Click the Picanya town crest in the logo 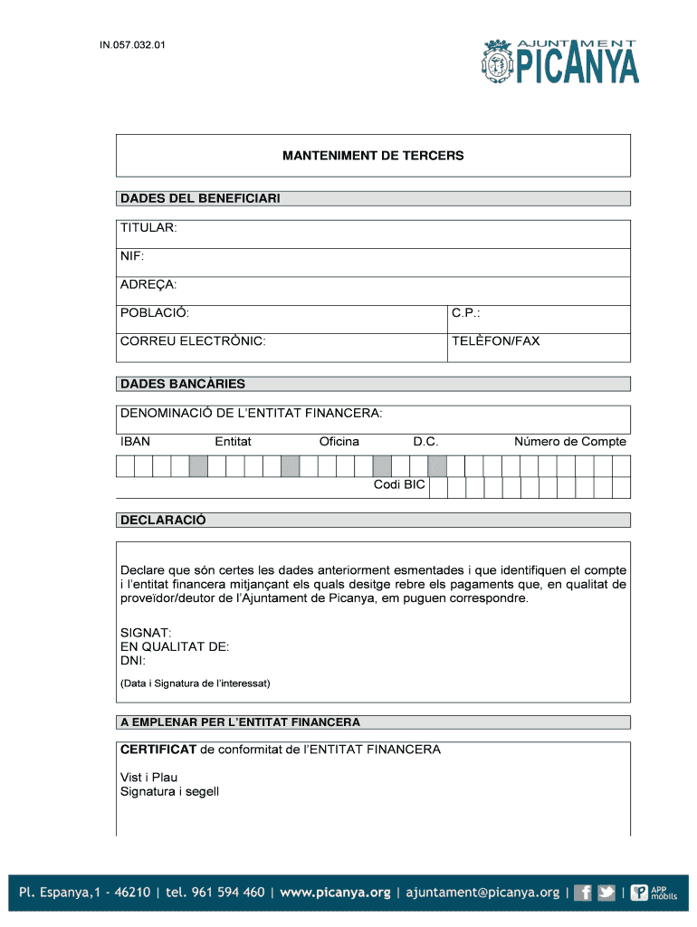point(498,62)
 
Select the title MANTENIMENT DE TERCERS point(373,156)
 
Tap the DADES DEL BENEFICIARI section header point(201,198)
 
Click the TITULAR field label point(149,227)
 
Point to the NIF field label point(132,256)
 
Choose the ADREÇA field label point(148,285)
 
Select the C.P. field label point(466,313)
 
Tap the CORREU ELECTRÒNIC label point(193,341)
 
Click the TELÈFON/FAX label point(496,341)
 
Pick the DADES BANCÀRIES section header point(183,384)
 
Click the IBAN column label point(136,442)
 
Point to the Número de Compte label point(570,442)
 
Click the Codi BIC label point(399,485)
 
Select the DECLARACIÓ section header point(164,520)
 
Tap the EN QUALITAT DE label point(175,647)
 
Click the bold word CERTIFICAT point(158,750)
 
